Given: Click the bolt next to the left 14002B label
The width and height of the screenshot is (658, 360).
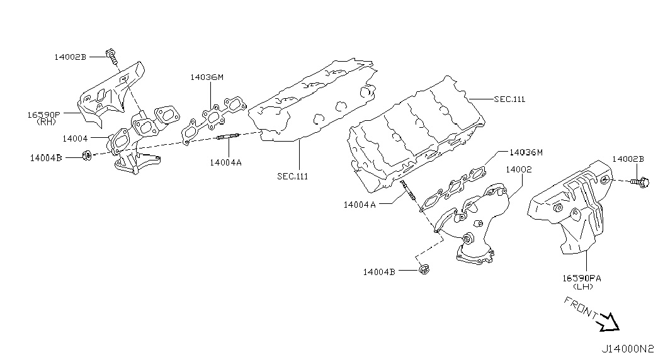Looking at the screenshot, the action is click(111, 57).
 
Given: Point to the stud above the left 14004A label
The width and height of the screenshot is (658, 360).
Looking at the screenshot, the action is click(228, 136).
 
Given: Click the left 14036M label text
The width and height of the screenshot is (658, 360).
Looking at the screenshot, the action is click(207, 77).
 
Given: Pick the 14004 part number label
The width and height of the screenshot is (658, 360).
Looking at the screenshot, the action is click(75, 138).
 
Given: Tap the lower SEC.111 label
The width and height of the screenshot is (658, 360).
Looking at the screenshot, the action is click(293, 176).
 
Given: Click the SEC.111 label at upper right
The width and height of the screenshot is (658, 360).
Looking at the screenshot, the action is click(509, 99).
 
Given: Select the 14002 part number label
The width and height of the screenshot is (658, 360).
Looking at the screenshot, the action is click(519, 169).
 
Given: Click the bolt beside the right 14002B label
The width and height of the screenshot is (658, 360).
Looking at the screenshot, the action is click(640, 182).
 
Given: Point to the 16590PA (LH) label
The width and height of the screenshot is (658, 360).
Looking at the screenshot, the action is click(582, 282).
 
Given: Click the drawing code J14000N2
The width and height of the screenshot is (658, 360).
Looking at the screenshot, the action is click(628, 349).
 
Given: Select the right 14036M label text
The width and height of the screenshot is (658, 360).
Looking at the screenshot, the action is click(526, 152).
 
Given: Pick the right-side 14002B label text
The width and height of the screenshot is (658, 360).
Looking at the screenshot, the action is click(628, 159).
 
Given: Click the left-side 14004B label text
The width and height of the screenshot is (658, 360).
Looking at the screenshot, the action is click(46, 158).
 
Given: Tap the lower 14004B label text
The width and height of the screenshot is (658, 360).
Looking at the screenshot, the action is click(379, 272).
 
